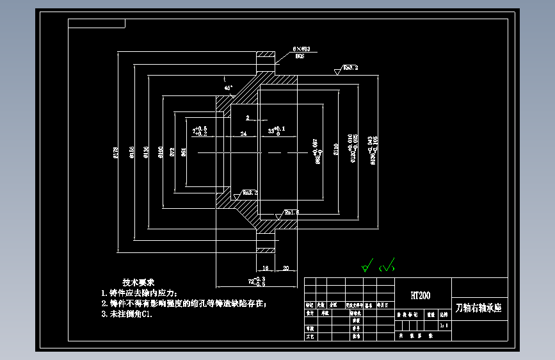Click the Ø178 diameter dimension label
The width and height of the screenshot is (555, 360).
click(116, 152)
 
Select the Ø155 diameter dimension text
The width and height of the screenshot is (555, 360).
click(131, 152)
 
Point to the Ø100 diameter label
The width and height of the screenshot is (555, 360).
click(160, 152)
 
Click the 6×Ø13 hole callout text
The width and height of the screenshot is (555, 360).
click(301, 49)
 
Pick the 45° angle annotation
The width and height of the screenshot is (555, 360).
click(229, 87)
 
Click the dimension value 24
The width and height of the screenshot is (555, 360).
click(243, 134)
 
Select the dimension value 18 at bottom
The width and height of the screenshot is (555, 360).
click(265, 268)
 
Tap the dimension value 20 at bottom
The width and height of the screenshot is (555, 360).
click(286, 268)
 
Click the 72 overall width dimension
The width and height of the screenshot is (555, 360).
click(254, 281)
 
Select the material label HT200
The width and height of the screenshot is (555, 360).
click(421, 295)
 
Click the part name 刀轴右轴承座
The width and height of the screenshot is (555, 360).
click(479, 308)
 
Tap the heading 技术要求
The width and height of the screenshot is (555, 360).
click(139, 282)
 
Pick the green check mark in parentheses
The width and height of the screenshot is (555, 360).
click(387, 265)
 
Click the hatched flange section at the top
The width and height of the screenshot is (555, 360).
click(266, 61)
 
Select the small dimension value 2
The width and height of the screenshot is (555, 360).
click(247, 118)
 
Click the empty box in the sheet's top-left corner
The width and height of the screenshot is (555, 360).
click(97, 24)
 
